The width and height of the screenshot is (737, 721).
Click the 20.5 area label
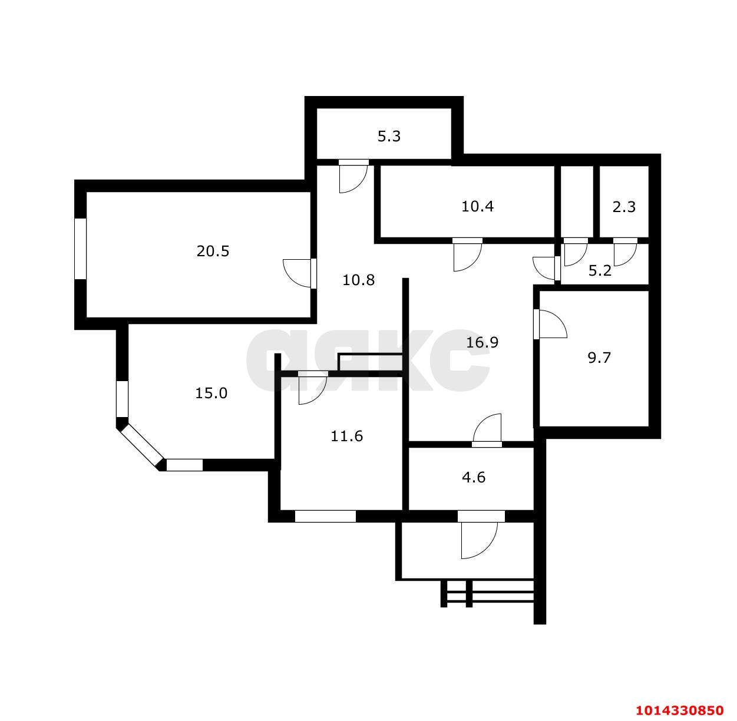pos(213,252)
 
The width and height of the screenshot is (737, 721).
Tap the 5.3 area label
pos(389,137)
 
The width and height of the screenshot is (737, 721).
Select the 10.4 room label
pos(477,206)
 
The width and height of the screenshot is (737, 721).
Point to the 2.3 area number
pos(624,207)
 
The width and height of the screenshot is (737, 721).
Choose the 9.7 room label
pos(599,358)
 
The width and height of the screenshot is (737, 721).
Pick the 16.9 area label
pos(482,342)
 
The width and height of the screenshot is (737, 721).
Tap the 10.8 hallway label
pos(359,280)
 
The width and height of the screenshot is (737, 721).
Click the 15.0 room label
pos(211,393)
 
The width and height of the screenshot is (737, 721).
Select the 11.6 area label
pos(347,436)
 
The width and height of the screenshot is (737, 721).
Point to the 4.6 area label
pos(474,477)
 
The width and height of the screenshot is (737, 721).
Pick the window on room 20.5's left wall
pos(81,249)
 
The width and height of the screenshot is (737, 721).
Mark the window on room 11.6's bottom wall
pos(325,517)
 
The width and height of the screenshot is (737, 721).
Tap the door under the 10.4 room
pos(468,254)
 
